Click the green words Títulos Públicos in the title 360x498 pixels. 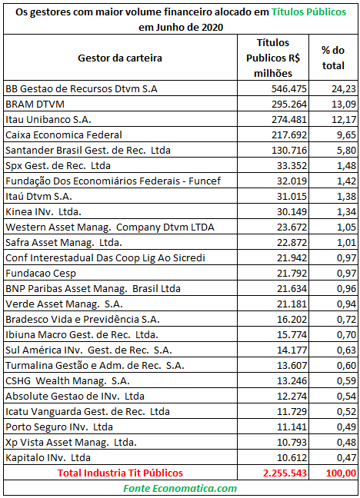pos(308,12)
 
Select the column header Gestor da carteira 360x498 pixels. pos(120,58)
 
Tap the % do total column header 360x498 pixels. pos(333,58)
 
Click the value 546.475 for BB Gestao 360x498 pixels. pos(288,88)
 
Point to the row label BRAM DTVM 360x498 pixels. pos(35,105)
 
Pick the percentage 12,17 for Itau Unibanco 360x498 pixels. pos(344,119)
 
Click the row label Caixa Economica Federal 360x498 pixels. pos(64,135)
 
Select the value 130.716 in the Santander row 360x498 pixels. pos(288,150)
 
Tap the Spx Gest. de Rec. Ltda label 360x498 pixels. pos(58,166)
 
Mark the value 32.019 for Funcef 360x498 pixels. pos(292,181)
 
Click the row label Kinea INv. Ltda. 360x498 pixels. pos(43,212)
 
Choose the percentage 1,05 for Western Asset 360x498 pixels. pos(346,227)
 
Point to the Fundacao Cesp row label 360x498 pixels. pos(41,274)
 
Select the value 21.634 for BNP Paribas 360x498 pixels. pos(292,289)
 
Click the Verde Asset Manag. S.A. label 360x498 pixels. pos(64,304)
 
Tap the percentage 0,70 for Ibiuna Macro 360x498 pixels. pos(346,335)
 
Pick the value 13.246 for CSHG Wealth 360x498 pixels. pos(292,381)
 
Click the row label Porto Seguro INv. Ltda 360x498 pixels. pos(59,427)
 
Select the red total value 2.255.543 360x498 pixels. pos(285,473)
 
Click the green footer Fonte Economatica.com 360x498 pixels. pos(180,489)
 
